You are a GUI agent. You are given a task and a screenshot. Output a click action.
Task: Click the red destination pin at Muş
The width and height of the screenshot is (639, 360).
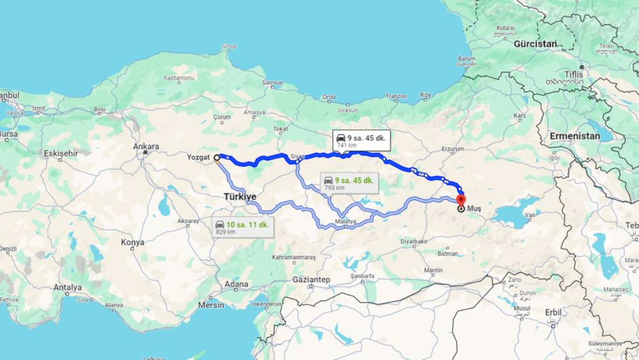pos(461,199)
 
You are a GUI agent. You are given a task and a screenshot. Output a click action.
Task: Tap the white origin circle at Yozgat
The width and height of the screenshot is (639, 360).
pos(217,158)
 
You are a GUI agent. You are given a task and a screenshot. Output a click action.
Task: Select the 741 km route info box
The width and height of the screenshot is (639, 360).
pos(361,140)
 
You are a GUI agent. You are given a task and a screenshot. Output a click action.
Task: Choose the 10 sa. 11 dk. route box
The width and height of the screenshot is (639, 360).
pos(243,228)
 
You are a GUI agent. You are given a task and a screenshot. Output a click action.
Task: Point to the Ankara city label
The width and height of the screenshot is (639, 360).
pos(146,146)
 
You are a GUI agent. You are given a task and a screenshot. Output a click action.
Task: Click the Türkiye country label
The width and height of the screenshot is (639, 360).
pos(240,197)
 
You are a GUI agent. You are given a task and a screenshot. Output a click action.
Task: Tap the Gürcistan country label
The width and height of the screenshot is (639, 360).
pos(536,43)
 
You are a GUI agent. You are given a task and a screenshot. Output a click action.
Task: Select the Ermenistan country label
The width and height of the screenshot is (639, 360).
pos(575,136)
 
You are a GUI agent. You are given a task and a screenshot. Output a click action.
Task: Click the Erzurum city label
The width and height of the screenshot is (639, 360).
pos(453,149)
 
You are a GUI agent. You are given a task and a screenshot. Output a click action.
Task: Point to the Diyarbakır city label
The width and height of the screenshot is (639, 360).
pos(414,242)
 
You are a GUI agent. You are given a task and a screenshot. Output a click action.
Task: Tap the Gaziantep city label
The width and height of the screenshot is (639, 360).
pos(311,280)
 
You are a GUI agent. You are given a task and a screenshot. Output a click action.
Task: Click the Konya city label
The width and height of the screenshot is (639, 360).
pos(132,242)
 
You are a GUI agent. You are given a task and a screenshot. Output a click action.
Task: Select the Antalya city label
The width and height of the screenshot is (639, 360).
pos(67,287)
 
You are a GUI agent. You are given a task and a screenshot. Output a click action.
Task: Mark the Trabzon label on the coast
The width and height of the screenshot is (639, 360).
pos(396,96)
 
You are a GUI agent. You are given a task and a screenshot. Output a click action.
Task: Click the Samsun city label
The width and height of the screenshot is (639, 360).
pos(273,83)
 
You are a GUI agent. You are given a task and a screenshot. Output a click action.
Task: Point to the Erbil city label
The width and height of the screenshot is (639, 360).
pos(553,312)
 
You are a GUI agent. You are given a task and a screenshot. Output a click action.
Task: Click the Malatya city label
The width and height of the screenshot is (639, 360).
pos(345,221)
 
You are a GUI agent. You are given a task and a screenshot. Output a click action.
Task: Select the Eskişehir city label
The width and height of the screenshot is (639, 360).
pos(61,153)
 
